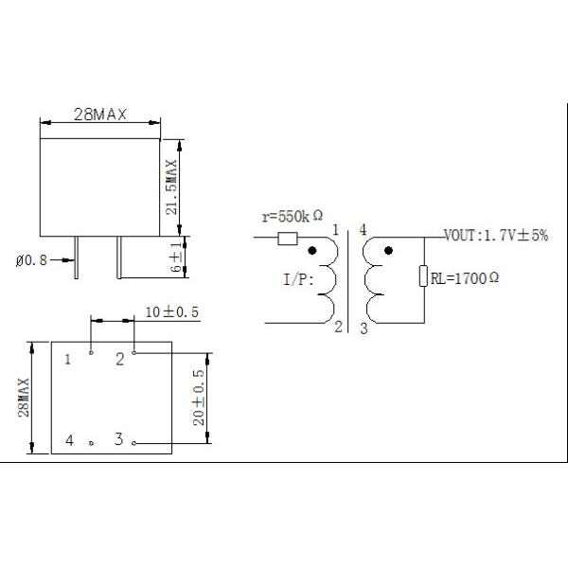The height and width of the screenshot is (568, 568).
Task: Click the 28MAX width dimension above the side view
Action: pos(100,115)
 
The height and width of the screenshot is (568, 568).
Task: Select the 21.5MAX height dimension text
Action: pos(171,187)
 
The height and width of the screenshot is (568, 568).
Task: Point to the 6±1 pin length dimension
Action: pos(176,257)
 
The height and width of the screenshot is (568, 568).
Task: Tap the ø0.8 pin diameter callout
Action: pos(31,260)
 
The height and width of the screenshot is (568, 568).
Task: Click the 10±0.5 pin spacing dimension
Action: pos(172,311)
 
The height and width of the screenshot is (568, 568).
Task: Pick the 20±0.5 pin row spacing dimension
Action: pos(199,398)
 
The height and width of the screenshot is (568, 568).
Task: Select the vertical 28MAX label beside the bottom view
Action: pos(24,398)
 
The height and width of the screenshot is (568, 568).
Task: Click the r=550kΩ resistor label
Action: pos(293,217)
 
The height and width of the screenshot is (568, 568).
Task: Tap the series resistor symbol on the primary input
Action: pos(288,239)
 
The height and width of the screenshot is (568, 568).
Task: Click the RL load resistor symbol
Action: pos(423,275)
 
